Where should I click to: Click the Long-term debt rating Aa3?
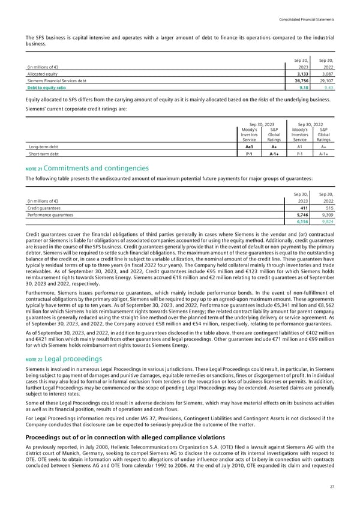pyautogui.click(x=247, y=145)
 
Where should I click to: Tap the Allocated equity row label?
pyautogui.click(x=43, y=73)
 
